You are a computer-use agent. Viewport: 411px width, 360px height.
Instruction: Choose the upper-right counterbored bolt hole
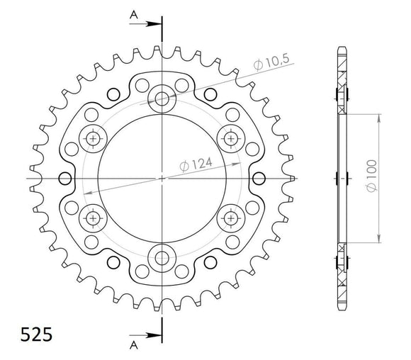click(232, 137)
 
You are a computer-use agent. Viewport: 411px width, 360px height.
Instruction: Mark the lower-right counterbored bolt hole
click(232, 217)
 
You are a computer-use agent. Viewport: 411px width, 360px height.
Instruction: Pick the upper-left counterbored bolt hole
click(94, 137)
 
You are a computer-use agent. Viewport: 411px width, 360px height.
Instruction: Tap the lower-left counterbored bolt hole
click(94, 217)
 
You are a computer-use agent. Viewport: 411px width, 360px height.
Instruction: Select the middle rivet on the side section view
click(344, 178)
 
